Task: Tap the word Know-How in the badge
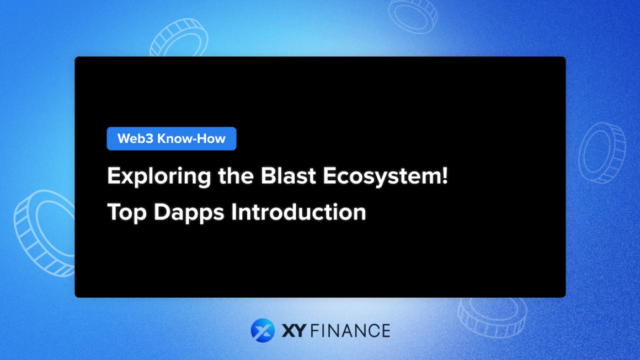(x=191, y=138)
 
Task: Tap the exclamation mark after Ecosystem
(x=445, y=176)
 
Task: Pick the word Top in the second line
(x=128, y=212)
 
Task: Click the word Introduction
(x=298, y=212)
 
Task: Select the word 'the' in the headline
(x=215, y=177)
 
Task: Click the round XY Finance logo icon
(x=263, y=330)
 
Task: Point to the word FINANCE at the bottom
(x=350, y=331)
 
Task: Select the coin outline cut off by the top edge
(x=413, y=14)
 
